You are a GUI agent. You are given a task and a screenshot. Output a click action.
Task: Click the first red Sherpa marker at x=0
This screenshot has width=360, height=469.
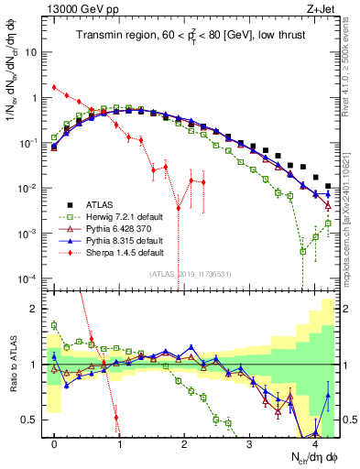coord(55,88)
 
